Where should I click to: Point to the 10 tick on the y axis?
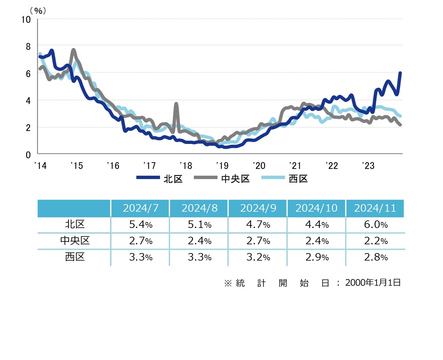(x=26, y=20)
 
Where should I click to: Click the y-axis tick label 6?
(x=28, y=74)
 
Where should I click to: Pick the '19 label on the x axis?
(x=222, y=166)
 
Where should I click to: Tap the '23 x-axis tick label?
(x=368, y=166)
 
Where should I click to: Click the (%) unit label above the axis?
(x=38, y=11)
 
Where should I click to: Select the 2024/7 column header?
(x=141, y=208)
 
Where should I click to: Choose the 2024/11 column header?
(x=375, y=208)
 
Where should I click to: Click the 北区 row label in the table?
(x=75, y=225)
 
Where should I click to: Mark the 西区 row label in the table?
(x=75, y=257)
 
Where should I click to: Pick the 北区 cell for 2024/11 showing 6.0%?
(x=376, y=225)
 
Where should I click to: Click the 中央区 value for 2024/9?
(x=258, y=241)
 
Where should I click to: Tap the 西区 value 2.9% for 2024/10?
(x=317, y=257)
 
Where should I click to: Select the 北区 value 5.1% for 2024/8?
(x=200, y=225)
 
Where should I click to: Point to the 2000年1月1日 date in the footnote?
(x=373, y=283)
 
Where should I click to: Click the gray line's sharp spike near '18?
(x=176, y=104)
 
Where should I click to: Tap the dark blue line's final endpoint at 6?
(x=400, y=73)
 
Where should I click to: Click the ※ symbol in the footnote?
(x=228, y=283)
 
